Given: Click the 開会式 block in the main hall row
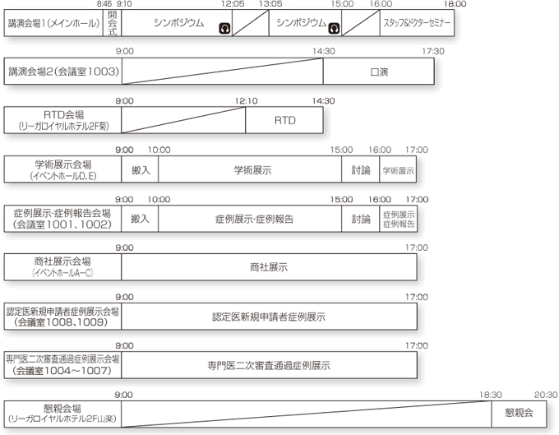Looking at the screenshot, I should (113, 24).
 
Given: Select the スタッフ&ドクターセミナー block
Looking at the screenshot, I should (417, 24).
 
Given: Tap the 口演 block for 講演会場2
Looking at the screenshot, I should (379, 72).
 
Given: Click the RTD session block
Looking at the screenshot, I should (284, 120).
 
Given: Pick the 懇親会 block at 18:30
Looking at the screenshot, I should (519, 412).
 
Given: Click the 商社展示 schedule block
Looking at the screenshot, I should (269, 267).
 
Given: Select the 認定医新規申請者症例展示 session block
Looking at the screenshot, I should (269, 316).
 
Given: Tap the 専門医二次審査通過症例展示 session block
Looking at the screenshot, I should (269, 364).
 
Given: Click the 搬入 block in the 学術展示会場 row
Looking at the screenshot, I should (140, 169).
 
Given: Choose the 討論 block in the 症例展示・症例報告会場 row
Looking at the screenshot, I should (361, 219).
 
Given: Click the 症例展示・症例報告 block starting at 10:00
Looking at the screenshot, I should (250, 219).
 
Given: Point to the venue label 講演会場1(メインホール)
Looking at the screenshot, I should (53, 24).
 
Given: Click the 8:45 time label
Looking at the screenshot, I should (104, 5).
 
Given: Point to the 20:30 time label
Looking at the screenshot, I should (545, 394).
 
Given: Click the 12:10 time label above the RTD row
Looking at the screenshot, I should (246, 101).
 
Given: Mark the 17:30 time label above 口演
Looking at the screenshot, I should (433, 52).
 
